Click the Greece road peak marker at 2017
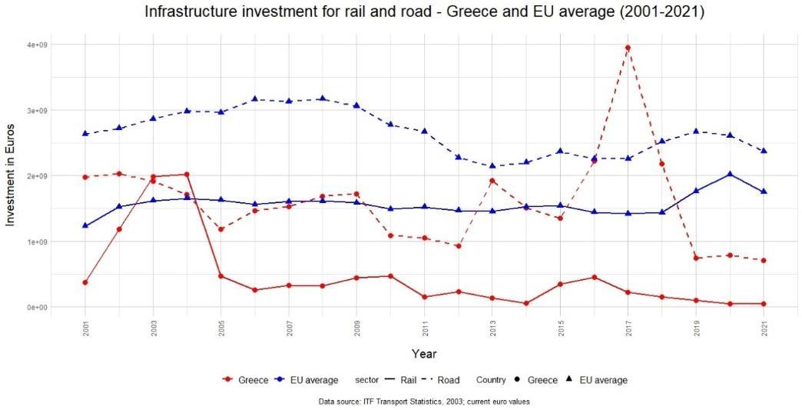point(628,48)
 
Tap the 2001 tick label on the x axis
point(85,327)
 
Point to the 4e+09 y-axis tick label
point(38,45)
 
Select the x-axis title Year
point(424,354)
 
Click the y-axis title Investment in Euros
point(11,175)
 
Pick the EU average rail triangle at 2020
point(730,174)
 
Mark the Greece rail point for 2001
point(85,282)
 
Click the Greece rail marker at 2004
point(187,175)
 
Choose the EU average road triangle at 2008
point(323,98)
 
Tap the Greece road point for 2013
point(492,181)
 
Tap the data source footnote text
point(424,402)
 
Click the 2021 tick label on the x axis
point(764,327)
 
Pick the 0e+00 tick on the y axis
point(38,307)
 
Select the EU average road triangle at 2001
point(85,133)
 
